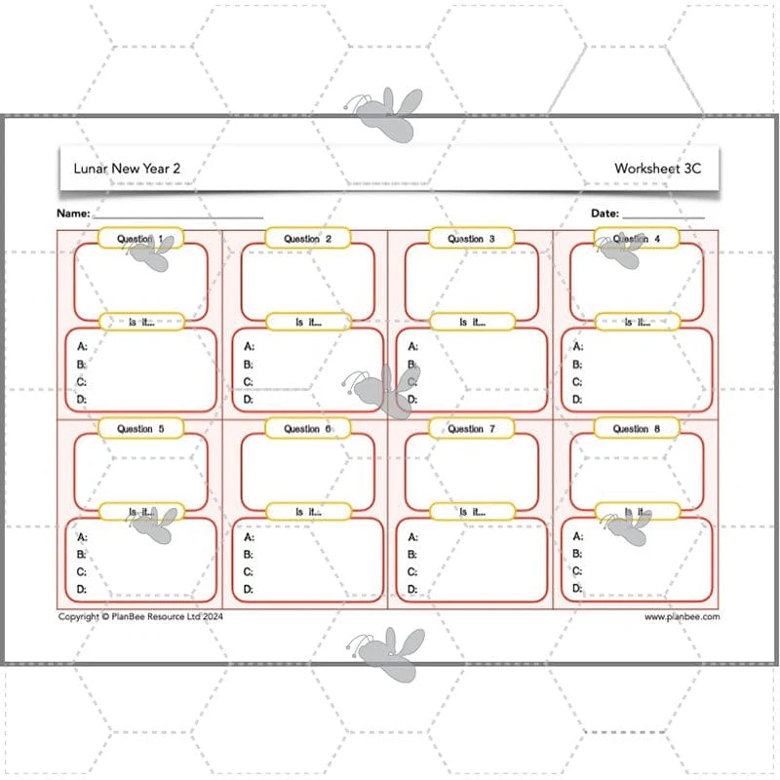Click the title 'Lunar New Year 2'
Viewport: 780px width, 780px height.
point(127,168)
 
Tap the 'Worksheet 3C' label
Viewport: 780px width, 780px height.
point(657,168)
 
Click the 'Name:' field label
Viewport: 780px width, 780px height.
point(73,214)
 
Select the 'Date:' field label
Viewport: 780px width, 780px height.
point(604,214)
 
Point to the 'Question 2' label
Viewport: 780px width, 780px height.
point(307,239)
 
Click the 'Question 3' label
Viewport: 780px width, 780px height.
point(471,239)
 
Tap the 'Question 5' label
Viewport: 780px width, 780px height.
point(140,429)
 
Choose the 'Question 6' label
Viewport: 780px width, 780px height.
point(307,429)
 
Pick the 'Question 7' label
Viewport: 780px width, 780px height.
point(471,429)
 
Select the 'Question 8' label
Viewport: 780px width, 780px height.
point(637,429)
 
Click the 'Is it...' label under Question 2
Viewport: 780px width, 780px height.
point(308,323)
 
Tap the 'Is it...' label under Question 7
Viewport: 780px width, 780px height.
point(472,512)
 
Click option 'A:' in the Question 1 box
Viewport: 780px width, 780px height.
point(82,346)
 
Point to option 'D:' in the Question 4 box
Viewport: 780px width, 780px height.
point(577,399)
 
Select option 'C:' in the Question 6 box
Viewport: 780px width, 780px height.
point(249,572)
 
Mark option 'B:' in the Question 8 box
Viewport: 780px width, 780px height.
point(577,554)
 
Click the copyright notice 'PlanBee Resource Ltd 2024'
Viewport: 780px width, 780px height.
point(167,617)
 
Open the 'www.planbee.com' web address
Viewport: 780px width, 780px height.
point(682,617)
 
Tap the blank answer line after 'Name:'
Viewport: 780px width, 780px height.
point(178,217)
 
